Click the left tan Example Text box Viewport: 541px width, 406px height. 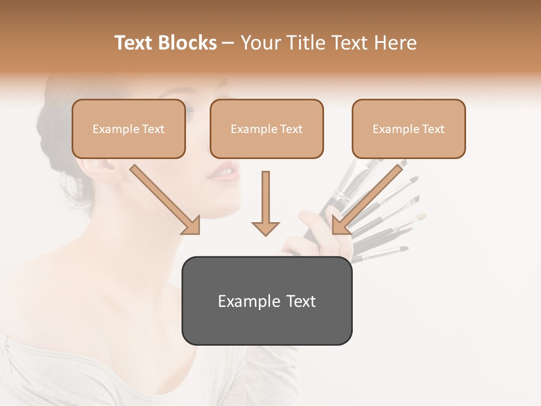128,129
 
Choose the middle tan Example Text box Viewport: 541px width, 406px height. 267,129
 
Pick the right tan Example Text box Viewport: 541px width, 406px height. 409,129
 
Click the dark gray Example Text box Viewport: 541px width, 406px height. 267,301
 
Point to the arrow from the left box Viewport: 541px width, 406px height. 166,200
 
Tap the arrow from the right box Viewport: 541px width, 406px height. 367,200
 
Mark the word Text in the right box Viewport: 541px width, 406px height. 433,129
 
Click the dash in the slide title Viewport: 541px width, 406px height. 228,43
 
